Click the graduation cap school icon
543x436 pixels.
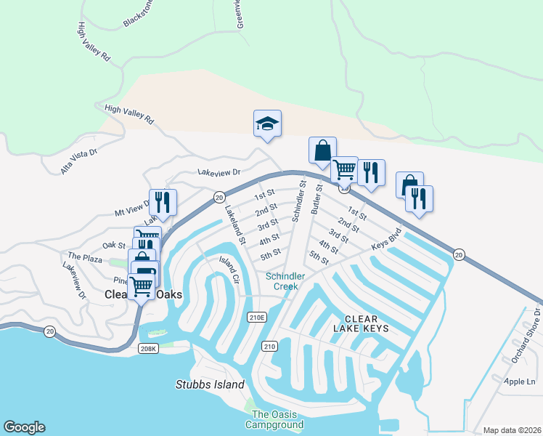pyautogui.click(x=267, y=124)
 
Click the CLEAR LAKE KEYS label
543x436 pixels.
pyautogui.click(x=367, y=324)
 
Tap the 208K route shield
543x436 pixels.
pyautogui.click(x=147, y=349)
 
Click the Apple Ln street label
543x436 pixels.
pyautogui.click(x=520, y=381)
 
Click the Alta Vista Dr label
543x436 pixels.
pyautogui.click(x=79, y=159)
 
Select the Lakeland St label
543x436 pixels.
pyautogui.click(x=235, y=225)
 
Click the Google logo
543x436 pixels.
pyautogui.click(x=24, y=427)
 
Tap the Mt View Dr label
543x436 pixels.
pyautogui.click(x=131, y=209)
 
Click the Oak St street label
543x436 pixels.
pyautogui.click(x=114, y=246)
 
